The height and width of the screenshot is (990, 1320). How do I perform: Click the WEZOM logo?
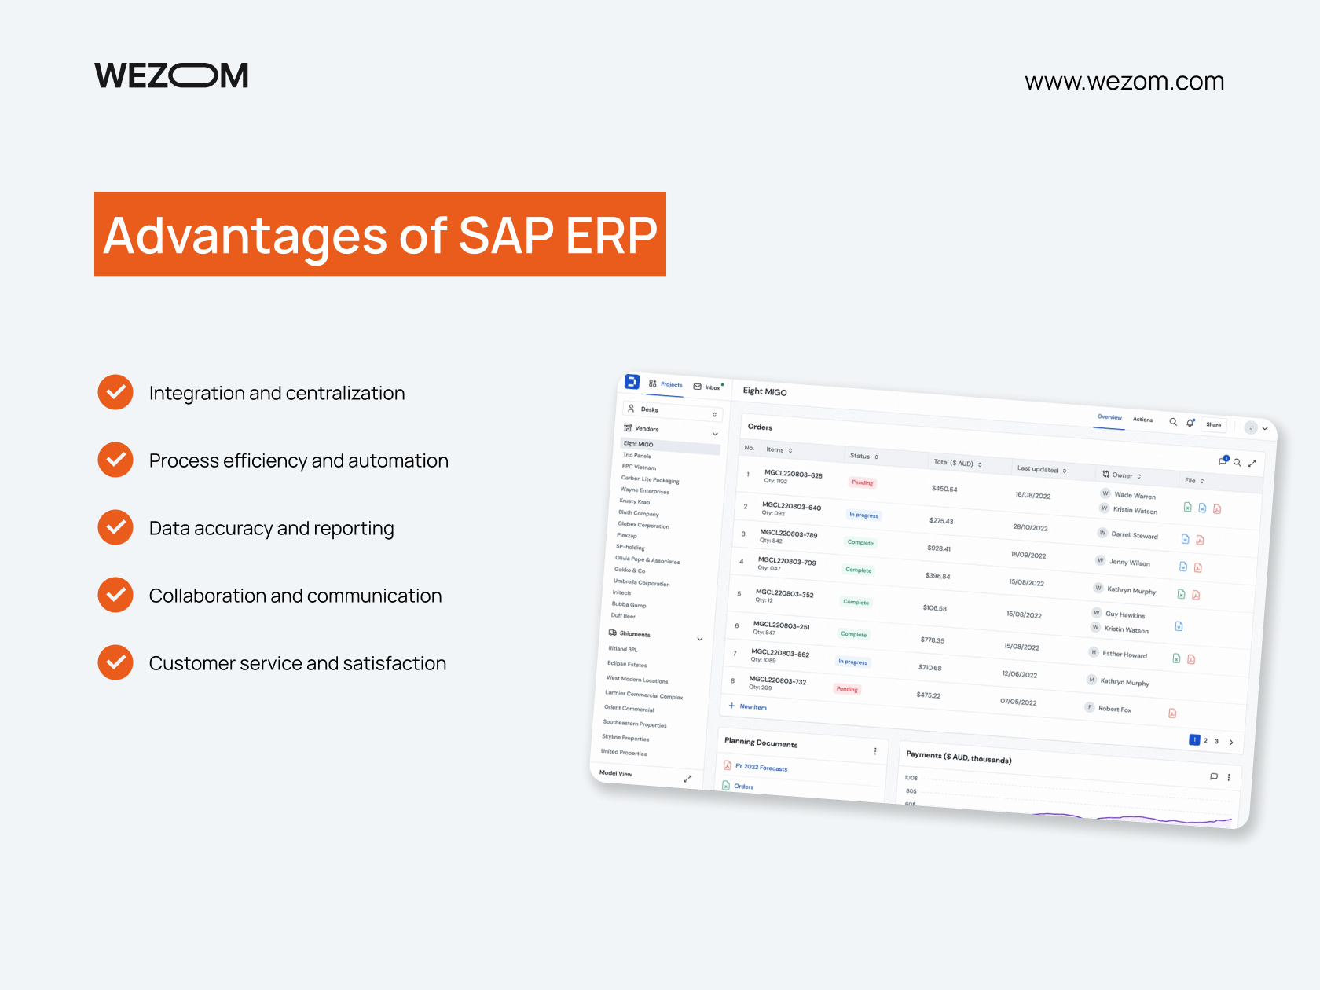171,75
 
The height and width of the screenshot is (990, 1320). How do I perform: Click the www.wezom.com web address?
1124,82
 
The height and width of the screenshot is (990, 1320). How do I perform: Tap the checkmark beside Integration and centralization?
115,392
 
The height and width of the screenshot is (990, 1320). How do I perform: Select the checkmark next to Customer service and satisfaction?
115,662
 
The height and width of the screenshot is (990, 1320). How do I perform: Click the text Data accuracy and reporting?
271,528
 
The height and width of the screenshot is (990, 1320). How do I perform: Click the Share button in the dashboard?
1213,425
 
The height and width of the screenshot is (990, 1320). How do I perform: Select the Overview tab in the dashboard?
1109,417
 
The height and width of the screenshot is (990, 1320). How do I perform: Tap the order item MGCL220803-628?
793,475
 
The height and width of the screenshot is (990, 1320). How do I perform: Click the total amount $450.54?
944,489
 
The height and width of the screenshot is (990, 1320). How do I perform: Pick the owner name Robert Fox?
1114,709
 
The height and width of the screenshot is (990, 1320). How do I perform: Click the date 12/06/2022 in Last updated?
1019,674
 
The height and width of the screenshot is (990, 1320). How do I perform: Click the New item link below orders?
752,706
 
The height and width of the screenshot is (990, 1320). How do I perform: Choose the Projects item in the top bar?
670,384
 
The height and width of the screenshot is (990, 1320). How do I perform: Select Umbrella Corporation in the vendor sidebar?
641,582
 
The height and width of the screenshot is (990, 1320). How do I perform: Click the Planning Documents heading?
761,742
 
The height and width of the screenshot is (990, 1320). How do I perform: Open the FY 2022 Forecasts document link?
761,768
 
